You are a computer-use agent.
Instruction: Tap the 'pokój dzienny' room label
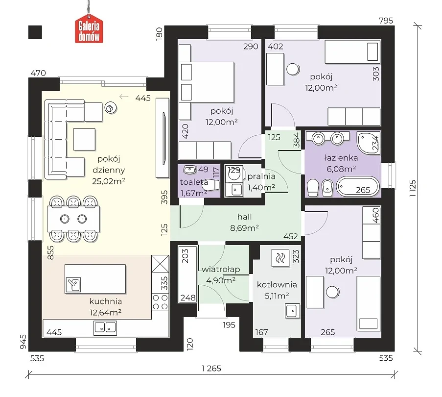[x=109, y=165]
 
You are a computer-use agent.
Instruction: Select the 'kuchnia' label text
[x=105, y=301]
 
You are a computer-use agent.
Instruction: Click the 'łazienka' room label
[x=341, y=158]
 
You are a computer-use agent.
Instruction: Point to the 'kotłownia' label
[x=277, y=285]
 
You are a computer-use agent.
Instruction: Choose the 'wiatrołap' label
[x=221, y=270]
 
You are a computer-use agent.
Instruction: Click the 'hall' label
[x=244, y=217]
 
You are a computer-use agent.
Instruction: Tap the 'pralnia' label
[x=261, y=176]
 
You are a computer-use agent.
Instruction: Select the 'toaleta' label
[x=194, y=182]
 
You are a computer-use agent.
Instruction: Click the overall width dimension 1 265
[x=211, y=369]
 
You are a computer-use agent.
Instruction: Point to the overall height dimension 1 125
[x=412, y=189]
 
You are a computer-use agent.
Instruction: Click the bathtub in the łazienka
[x=358, y=187]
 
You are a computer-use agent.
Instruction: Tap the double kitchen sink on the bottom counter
[x=105, y=328]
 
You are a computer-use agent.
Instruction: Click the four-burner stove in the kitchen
[x=160, y=302]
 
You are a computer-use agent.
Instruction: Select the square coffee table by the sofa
[x=84, y=139]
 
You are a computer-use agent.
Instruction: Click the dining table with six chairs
[x=73, y=219]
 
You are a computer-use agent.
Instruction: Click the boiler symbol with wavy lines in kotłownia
[x=280, y=258]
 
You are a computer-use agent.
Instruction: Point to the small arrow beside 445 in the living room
[x=124, y=97]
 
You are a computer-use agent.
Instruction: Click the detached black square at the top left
[x=35, y=32]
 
